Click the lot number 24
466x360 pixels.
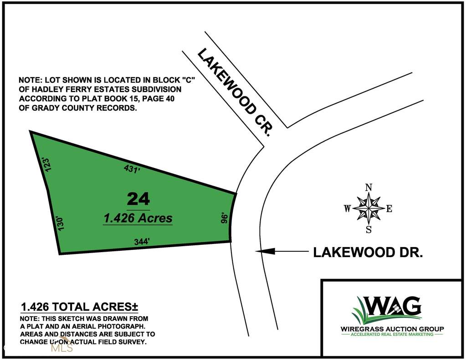click(x=138, y=199)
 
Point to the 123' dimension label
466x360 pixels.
click(x=45, y=164)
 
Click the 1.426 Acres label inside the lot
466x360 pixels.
click(x=138, y=218)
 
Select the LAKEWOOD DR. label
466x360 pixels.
click(x=368, y=253)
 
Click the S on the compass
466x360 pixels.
click(x=369, y=230)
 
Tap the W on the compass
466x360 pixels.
click(x=347, y=209)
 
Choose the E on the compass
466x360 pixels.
click(x=389, y=209)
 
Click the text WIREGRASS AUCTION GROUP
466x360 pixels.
click(x=392, y=329)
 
